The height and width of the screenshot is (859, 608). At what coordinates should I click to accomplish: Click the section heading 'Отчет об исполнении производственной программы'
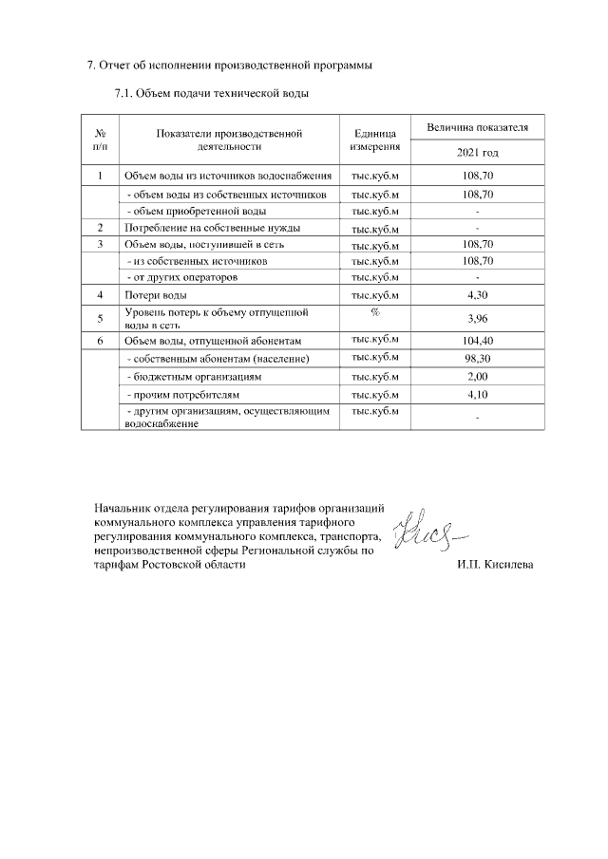229,65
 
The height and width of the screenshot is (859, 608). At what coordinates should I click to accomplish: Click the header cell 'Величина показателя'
477,127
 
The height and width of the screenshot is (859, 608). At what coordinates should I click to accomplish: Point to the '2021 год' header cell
477,153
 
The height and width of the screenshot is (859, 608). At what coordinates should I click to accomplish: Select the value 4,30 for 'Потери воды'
477,295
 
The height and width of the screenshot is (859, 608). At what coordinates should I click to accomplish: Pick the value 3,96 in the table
477,318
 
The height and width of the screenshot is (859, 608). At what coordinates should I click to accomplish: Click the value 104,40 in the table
477,340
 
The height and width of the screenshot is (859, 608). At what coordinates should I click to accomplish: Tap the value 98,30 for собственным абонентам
477,359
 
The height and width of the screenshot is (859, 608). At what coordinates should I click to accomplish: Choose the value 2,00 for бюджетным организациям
477,377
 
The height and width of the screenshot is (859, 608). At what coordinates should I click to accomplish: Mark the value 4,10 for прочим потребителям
477,394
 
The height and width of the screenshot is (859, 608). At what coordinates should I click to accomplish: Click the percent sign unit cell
375,311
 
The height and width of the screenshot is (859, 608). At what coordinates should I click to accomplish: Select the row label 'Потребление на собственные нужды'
212,228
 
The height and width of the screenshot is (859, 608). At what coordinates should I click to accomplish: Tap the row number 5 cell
100,318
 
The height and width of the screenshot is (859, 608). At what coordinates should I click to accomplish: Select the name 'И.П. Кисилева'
494,565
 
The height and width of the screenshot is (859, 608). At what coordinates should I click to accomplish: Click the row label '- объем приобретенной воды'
196,211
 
